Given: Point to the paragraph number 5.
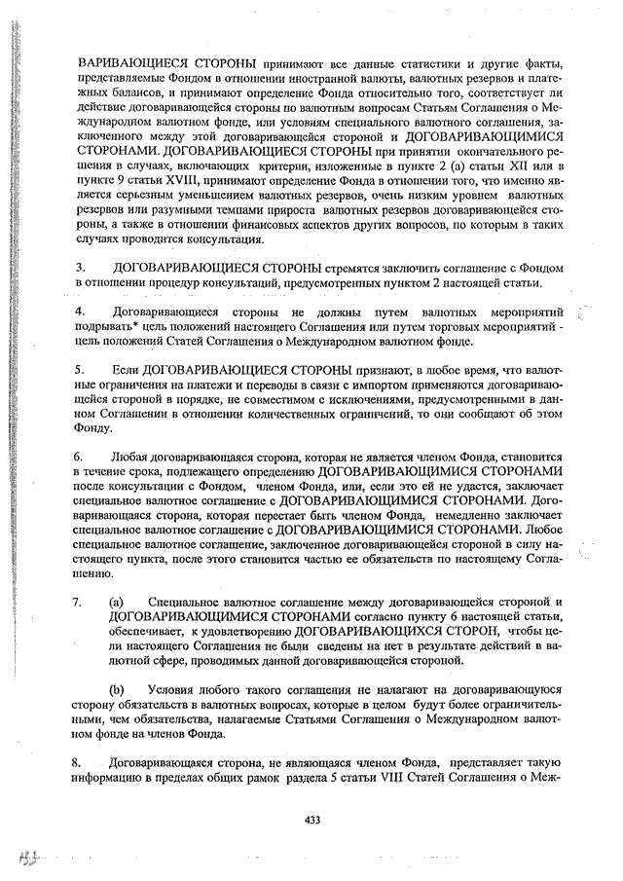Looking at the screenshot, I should click(x=81, y=371).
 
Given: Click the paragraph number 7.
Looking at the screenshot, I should click(x=81, y=603).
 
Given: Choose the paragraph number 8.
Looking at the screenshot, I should click(x=81, y=762).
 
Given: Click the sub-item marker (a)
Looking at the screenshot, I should click(x=116, y=603).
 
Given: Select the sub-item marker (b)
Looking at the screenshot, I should click(x=116, y=689).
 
